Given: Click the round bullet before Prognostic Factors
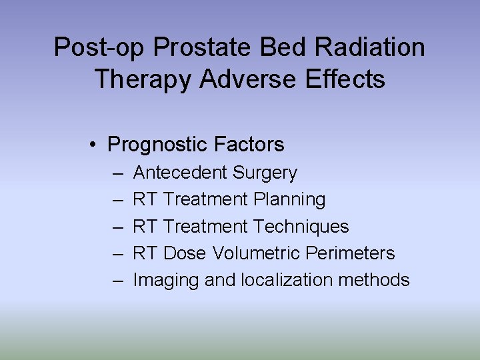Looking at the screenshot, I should point(97,145).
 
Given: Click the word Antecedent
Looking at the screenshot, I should point(180,173).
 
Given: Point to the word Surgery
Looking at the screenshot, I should point(265,173).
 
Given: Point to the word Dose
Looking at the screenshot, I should point(185,253).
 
